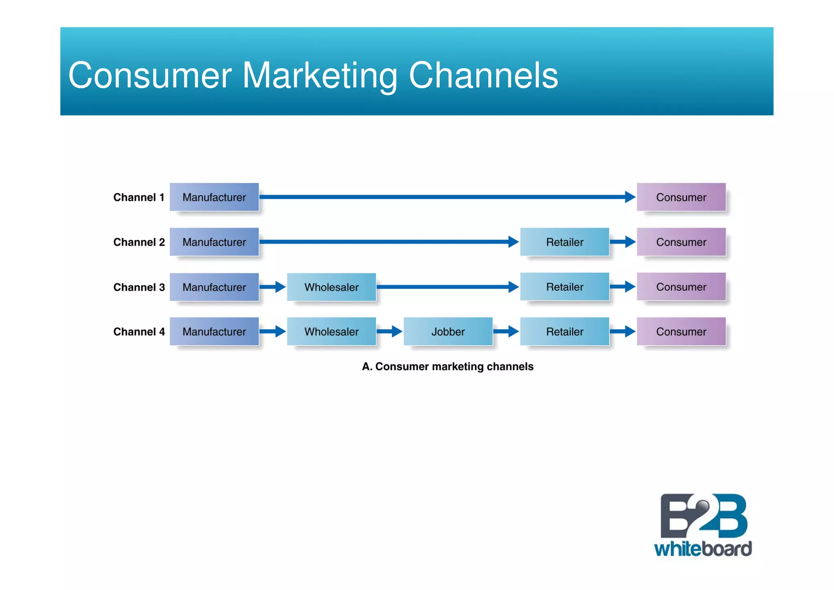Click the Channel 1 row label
(138, 197)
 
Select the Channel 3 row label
(139, 287)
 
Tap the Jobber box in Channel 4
(448, 331)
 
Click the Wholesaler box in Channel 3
(331, 287)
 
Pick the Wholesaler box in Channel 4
(331, 331)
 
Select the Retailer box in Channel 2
(565, 242)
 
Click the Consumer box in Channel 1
(681, 197)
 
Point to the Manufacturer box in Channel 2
(214, 242)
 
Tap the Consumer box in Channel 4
(681, 331)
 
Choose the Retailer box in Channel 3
(565, 287)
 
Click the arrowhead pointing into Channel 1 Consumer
(630, 197)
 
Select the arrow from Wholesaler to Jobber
(389, 331)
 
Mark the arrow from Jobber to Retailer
(506, 331)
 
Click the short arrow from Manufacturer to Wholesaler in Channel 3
(272, 287)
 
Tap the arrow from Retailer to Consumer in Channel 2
(623, 242)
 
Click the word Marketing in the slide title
(320, 75)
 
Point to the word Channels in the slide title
(483, 75)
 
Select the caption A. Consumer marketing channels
(448, 367)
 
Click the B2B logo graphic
(703, 516)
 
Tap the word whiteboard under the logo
(703, 549)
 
